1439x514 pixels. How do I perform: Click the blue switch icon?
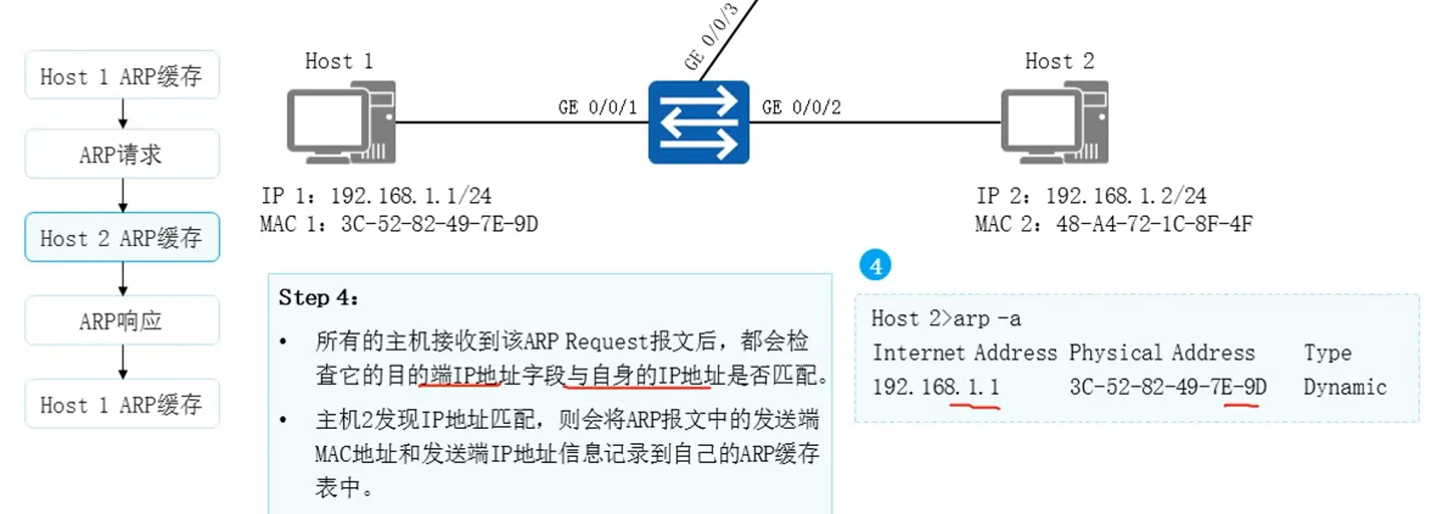click(698, 123)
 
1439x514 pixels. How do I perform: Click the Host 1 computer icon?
click(341, 123)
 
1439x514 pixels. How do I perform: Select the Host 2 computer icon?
click(1055, 123)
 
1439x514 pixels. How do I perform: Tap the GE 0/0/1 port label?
click(597, 107)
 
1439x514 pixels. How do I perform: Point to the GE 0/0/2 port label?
click(801, 107)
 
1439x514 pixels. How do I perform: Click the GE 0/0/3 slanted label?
click(711, 37)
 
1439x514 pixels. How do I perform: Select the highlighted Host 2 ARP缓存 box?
click(122, 238)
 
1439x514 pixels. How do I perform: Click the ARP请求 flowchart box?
click(122, 154)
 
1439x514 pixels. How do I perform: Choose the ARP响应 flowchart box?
click(122, 321)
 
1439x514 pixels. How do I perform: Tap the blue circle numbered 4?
click(875, 266)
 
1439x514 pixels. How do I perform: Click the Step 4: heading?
click(318, 297)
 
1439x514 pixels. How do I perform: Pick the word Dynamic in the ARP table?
click(1344, 387)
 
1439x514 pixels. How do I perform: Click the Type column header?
click(1327, 353)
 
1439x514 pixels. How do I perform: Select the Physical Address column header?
click(1161, 353)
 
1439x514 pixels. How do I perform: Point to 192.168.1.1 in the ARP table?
click(935, 387)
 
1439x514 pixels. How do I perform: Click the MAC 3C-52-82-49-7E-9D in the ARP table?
click(1167, 387)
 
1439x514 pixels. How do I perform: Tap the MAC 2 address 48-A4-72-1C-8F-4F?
click(1153, 224)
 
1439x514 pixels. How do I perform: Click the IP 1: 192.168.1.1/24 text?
click(376, 196)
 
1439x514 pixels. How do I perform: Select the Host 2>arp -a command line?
click(946, 318)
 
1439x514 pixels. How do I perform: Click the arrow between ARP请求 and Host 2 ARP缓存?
click(122, 196)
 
